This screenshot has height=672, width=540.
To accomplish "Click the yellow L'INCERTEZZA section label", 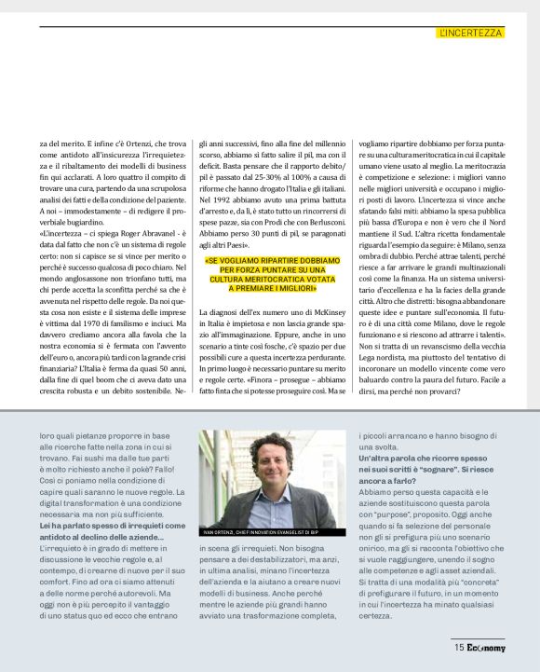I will [470, 33].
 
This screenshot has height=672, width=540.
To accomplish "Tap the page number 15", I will [459, 647].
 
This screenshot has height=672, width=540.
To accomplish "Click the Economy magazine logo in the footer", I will [486, 647].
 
